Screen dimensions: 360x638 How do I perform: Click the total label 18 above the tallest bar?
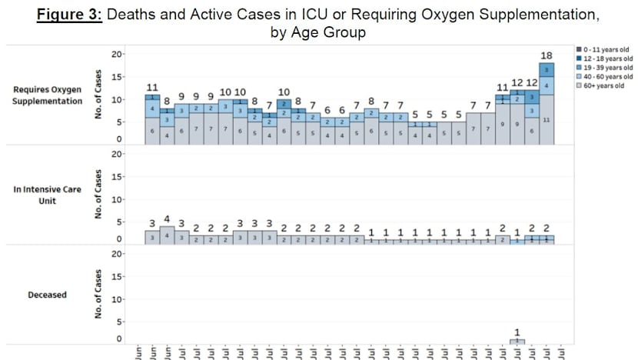546,55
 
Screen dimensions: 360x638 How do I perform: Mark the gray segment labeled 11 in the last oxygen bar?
546,120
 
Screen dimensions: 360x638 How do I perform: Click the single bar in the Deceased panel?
517,340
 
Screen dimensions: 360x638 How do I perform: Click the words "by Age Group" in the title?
319,32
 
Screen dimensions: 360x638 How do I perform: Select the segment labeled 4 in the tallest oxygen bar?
546,85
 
